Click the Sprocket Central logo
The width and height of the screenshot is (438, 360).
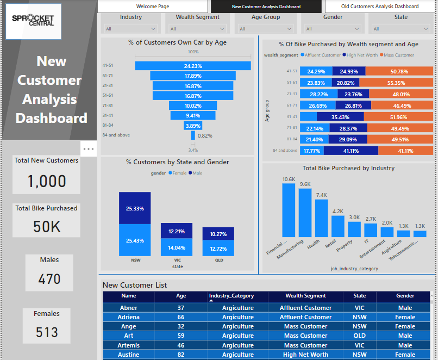pyautogui.click(x=33, y=21)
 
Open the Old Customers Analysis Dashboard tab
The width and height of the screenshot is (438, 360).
pyautogui.click(x=380, y=7)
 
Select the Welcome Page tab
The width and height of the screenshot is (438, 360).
pyautogui.click(x=152, y=7)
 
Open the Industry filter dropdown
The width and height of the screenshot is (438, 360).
pyautogui.click(x=130, y=29)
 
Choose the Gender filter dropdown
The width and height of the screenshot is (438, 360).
pyautogui.click(x=333, y=29)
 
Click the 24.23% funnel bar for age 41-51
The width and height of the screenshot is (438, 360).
pyautogui.click(x=193, y=66)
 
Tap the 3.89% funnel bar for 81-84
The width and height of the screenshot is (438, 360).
pyautogui.click(x=193, y=126)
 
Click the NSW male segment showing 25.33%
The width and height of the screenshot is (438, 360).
pyautogui.click(x=135, y=208)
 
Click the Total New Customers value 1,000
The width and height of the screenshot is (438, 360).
pyautogui.click(x=47, y=182)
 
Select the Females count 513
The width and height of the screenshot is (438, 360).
pyautogui.click(x=47, y=332)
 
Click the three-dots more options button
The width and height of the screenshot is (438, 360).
pyautogui.click(x=88, y=148)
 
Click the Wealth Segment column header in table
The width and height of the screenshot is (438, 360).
pyautogui.click(x=305, y=296)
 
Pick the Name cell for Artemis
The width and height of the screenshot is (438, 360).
pyautogui.click(x=129, y=345)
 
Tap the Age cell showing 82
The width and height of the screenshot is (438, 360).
pyautogui.click(x=181, y=355)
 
